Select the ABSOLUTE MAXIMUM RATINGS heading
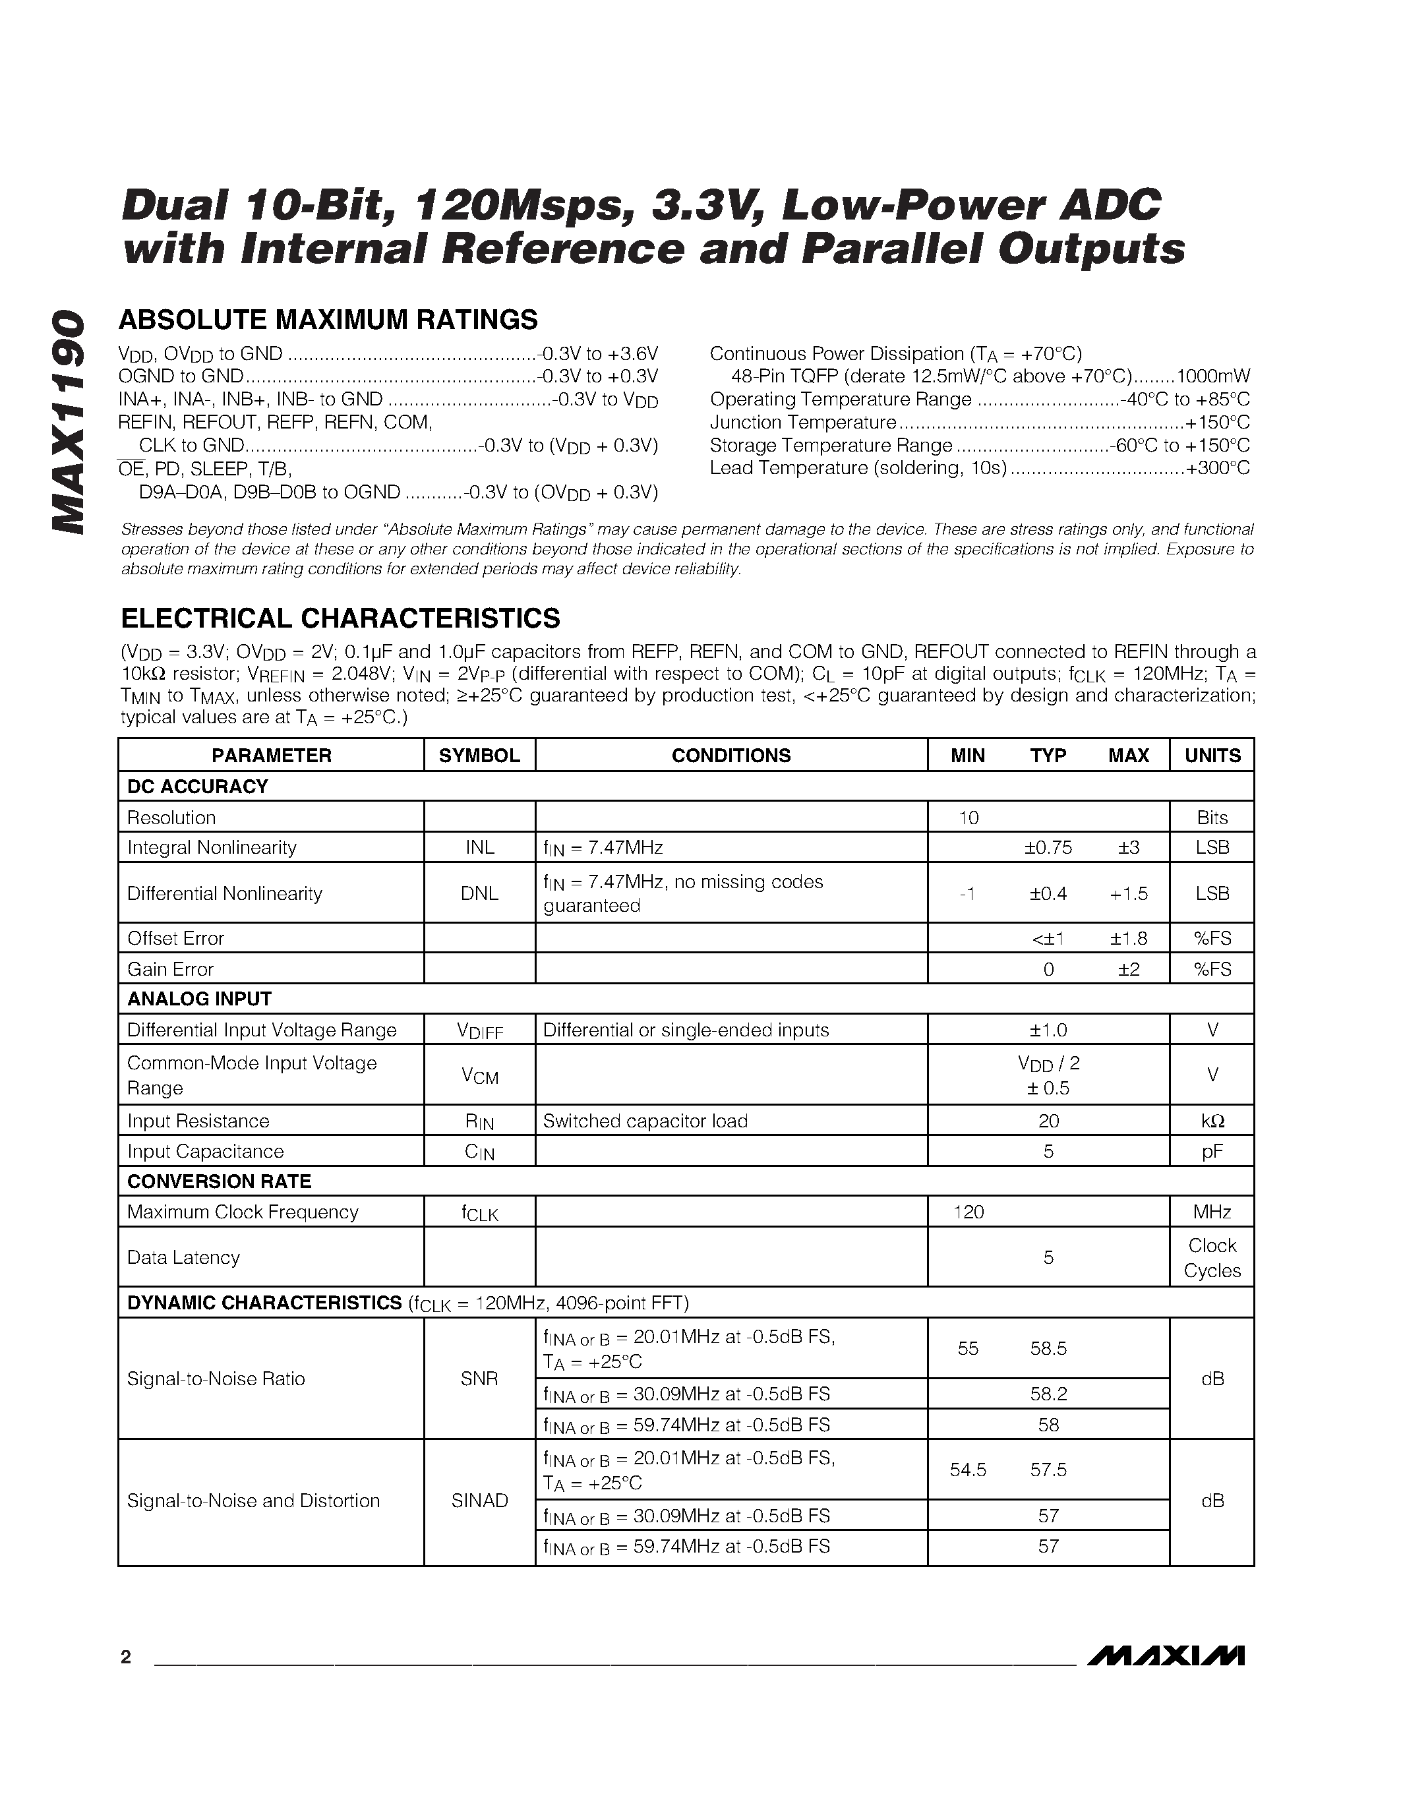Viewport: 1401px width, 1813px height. click(329, 320)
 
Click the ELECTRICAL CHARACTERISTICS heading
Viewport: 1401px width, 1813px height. click(340, 618)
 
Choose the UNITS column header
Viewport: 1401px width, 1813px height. click(1212, 756)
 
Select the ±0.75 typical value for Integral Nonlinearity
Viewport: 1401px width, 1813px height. click(1048, 848)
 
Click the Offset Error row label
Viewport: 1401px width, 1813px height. click(176, 938)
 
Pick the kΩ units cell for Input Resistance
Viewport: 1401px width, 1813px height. click(1212, 1121)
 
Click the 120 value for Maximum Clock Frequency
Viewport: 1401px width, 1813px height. click(969, 1212)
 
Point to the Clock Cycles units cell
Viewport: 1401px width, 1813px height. click(1212, 1258)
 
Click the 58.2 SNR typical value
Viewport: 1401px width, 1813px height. click(1048, 1394)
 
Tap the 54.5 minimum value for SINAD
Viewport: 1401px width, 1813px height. click(969, 1470)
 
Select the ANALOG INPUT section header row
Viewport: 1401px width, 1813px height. click(199, 999)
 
